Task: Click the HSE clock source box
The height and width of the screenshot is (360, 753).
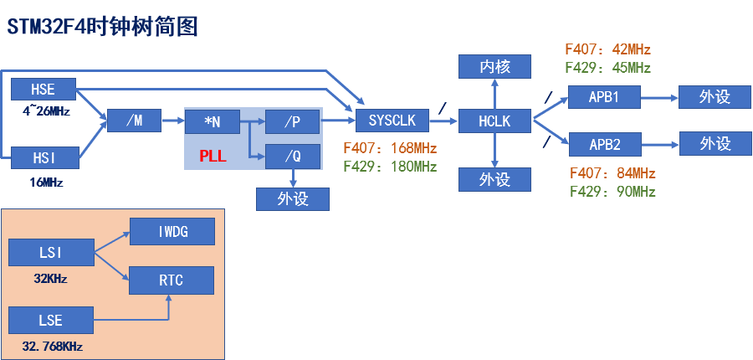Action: pyautogui.click(x=43, y=90)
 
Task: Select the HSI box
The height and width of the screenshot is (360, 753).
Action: pyautogui.click(x=43, y=157)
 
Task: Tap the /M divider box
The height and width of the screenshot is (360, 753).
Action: pyautogui.click(x=134, y=121)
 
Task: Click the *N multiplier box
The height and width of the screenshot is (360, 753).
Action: pyautogui.click(x=212, y=121)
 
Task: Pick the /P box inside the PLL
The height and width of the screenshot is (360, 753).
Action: pyautogui.click(x=292, y=121)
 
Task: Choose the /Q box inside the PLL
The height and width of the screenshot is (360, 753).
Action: pyautogui.click(x=292, y=156)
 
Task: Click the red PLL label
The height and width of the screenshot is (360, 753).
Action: pyautogui.click(x=213, y=156)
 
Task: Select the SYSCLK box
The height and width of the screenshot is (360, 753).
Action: pyautogui.click(x=392, y=121)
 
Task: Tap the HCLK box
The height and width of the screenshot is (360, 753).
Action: pyautogui.click(x=495, y=121)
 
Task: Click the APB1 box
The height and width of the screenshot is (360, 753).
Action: pyautogui.click(x=603, y=96)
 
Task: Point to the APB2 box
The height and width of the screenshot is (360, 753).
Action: pyautogui.click(x=603, y=144)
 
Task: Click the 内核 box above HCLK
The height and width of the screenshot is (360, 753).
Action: pyautogui.click(x=495, y=66)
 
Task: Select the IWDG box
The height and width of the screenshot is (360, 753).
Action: pyautogui.click(x=172, y=230)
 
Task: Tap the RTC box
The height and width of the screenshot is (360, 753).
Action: pyautogui.click(x=172, y=280)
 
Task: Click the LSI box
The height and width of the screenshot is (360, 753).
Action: pyautogui.click(x=50, y=251)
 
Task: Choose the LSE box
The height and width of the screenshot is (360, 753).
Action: pyautogui.click(x=50, y=320)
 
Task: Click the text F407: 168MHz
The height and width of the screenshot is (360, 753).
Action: pyautogui.click(x=390, y=149)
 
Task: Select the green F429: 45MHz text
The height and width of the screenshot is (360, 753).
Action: pyautogui.click(x=607, y=68)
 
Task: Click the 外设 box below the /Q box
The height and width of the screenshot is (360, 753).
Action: pyautogui.click(x=292, y=199)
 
